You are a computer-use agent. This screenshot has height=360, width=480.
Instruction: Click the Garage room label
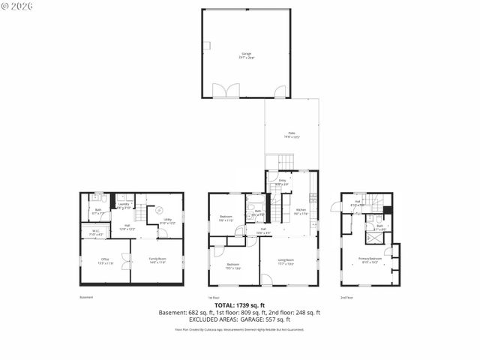coord(246,55)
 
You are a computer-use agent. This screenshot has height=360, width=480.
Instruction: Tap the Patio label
coord(292,134)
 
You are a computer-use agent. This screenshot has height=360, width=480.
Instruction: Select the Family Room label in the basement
coord(157,259)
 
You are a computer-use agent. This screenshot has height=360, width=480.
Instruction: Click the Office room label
coord(106,261)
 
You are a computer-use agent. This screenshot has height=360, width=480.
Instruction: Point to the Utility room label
coord(167,220)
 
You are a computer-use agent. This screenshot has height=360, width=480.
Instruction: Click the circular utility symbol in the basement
coord(159,211)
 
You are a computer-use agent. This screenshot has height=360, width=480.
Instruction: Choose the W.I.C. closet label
coord(95,232)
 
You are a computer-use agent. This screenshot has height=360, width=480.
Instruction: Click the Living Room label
coord(286,261)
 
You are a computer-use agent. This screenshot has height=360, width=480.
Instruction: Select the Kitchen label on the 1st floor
coord(301,211)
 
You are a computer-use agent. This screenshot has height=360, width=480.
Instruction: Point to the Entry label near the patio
coord(283,181)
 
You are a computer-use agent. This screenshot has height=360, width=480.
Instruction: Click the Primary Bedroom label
coord(370,259)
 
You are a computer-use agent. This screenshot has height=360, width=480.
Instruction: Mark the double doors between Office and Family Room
coord(130,261)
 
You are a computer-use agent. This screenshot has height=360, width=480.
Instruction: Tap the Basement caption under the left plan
coord(86,298)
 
